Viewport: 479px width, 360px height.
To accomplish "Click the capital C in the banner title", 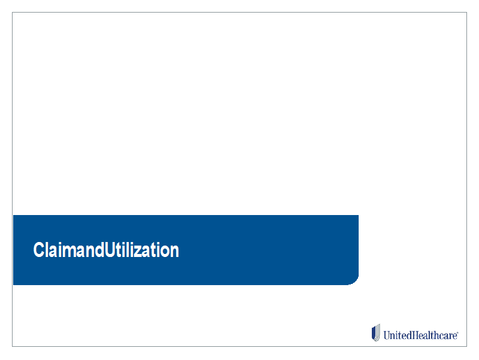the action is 39,250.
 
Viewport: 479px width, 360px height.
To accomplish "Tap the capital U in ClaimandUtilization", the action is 110,250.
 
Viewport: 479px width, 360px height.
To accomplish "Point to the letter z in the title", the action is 145,252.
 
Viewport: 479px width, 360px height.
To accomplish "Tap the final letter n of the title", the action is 175,252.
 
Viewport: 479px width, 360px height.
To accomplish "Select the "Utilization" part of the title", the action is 142,250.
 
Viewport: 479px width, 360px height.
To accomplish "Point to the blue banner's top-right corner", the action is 358,215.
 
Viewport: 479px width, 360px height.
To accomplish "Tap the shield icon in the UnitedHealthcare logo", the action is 376,332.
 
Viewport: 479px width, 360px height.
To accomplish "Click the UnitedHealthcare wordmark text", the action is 421,335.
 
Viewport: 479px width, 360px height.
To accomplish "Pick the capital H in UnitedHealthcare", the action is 413,335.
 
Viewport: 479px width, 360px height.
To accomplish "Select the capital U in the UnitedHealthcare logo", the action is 388,335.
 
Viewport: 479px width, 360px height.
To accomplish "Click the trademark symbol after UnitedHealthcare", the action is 457,333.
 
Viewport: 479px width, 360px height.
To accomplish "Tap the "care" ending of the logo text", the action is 447,337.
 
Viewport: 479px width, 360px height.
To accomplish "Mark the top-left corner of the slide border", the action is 12,13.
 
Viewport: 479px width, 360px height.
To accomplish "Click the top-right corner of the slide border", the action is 466,13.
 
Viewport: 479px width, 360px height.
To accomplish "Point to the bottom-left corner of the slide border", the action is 12,346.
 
